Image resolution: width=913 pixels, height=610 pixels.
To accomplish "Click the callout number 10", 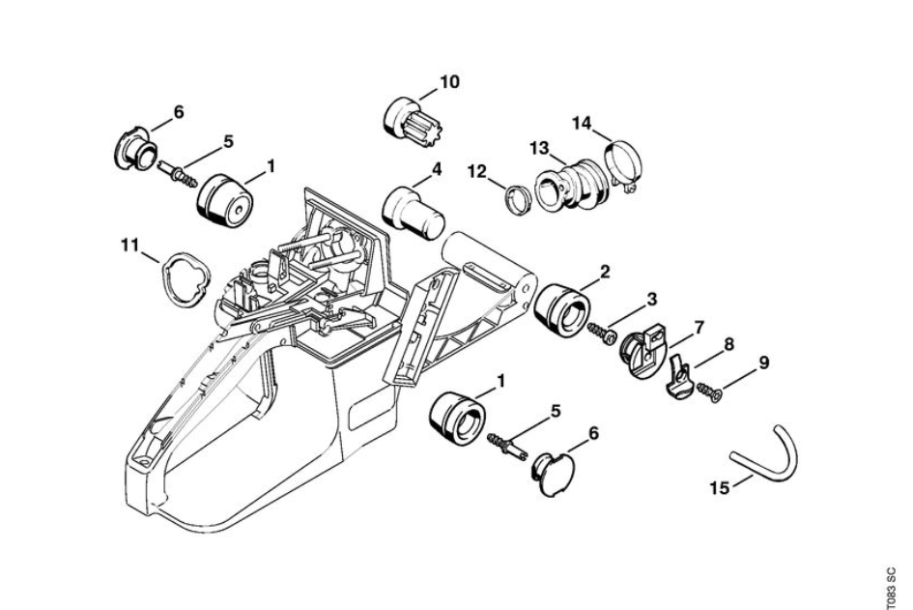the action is tap(449, 82).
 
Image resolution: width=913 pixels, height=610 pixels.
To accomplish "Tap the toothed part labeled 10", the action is tap(406, 121).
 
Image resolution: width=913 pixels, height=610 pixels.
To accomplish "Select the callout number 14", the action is tap(581, 123).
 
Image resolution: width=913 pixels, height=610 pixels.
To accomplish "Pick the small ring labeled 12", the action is tap(517, 199).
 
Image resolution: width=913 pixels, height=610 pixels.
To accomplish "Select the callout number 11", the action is tap(129, 245).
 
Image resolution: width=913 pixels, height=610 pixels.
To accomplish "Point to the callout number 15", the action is tap(720, 486).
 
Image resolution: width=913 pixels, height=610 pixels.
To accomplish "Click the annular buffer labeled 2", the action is tap(562, 311).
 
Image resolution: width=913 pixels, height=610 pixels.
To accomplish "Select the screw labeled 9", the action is tap(710, 392).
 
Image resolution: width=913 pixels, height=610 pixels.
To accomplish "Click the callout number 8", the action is tap(728, 344).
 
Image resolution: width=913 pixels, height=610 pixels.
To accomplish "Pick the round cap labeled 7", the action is tap(643, 351).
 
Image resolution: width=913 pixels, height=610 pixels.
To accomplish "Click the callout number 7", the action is tap(699, 328).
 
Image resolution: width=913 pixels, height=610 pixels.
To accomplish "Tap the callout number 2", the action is tap(605, 271).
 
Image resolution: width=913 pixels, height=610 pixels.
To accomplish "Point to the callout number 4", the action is tap(436, 169).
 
